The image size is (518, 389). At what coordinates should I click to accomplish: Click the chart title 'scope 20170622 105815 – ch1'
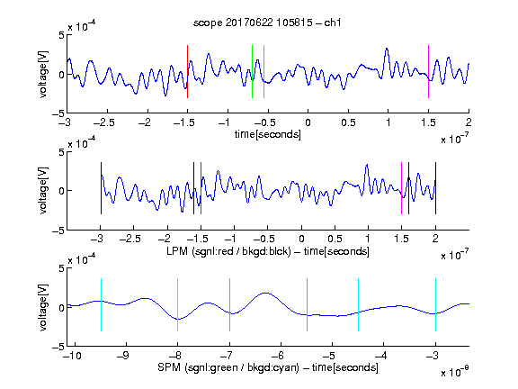coord(267,23)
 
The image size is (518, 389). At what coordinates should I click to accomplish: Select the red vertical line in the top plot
coord(187,71)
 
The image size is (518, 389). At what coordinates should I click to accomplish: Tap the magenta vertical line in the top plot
coord(428,71)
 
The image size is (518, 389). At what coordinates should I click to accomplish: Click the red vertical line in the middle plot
coord(201,188)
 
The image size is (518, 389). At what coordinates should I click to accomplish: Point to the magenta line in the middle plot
coord(401,188)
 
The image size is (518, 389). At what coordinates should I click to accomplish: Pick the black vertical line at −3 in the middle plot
coord(101,188)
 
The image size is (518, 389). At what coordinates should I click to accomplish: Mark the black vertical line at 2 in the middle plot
coord(435,188)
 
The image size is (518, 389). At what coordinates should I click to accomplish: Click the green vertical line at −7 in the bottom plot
coord(229,304)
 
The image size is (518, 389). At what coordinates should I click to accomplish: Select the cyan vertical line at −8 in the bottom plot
coord(178,304)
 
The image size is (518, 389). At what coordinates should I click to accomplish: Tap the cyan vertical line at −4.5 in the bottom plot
coord(359,304)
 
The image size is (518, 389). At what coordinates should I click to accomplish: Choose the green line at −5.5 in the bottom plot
coord(307,304)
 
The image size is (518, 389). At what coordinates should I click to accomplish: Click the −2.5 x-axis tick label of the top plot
coord(103,122)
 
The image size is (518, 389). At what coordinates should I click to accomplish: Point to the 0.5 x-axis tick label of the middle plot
coord(335,239)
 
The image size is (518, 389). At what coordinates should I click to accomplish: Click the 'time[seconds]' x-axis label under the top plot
coord(268,134)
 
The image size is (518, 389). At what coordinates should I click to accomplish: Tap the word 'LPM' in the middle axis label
coord(177,251)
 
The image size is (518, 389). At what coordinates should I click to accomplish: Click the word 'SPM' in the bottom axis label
coord(169,367)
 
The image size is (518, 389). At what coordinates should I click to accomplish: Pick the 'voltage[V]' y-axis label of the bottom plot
coord(43,307)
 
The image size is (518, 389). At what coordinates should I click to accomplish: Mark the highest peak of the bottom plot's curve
coord(265,293)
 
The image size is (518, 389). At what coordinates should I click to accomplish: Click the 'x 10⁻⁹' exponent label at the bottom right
coord(454,372)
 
